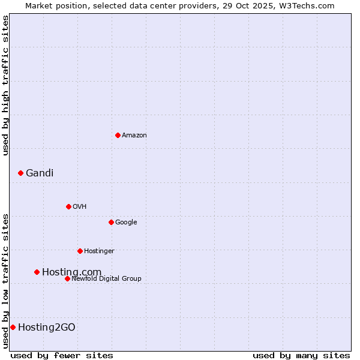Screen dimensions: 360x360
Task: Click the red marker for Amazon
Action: click(118, 135)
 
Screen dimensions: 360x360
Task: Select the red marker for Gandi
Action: click(20, 173)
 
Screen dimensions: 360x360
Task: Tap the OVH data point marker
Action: click(68, 206)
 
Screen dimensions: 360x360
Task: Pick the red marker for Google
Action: click(111, 222)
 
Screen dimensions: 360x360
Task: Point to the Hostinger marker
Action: click(80, 251)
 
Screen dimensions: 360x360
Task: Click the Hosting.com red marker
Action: click(37, 272)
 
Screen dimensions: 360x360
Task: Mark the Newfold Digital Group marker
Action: click(67, 278)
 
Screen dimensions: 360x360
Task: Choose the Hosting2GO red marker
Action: click(13, 327)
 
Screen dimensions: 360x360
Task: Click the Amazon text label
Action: click(134, 136)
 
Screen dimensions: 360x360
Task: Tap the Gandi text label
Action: click(40, 173)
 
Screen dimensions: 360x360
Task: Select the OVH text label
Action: click(80, 207)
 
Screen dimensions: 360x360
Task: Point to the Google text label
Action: click(126, 223)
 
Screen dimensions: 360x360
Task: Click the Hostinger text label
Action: click(99, 251)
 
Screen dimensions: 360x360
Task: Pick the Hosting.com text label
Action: click(71, 272)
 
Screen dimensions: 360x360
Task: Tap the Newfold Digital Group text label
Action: click(106, 279)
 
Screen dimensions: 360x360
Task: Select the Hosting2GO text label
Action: click(47, 328)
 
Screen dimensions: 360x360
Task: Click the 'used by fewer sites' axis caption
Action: click(62, 355)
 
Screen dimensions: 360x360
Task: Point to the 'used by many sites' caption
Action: click(301, 355)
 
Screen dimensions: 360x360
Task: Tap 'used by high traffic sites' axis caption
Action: click(5, 85)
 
